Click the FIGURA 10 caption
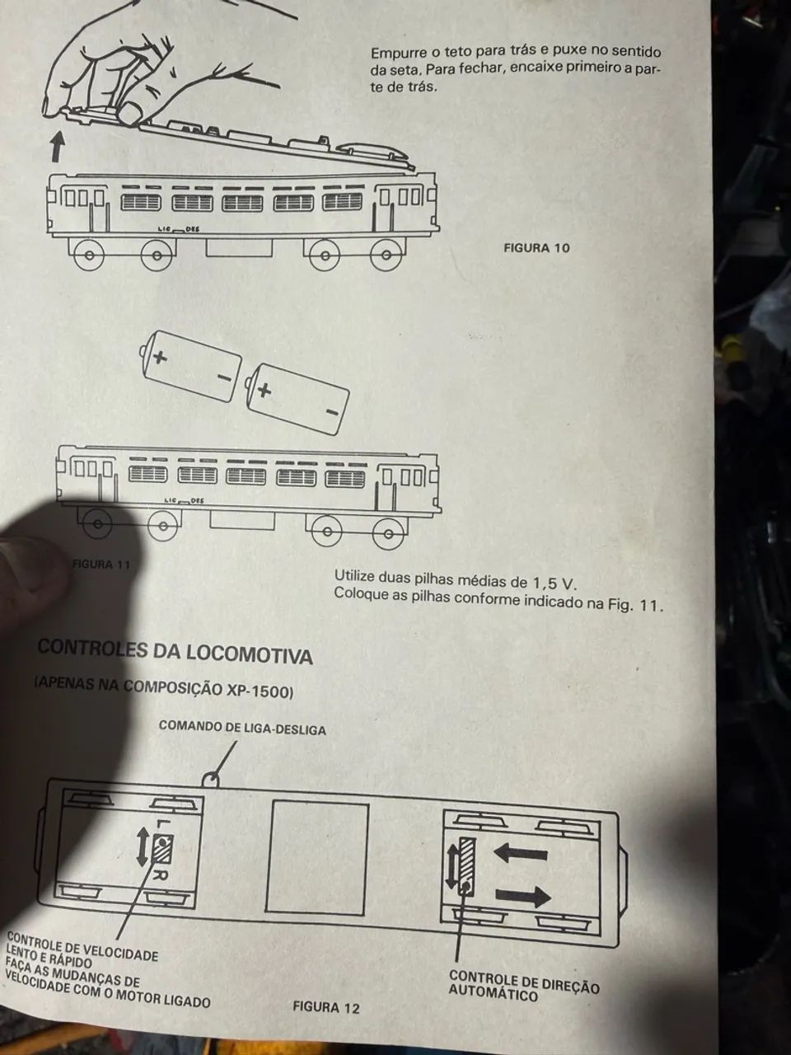(x=536, y=248)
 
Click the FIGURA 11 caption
(x=101, y=564)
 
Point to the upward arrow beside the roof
(x=58, y=146)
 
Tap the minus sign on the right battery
(x=332, y=412)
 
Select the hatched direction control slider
(x=466, y=866)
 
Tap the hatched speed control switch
(x=163, y=849)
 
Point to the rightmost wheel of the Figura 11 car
(x=389, y=533)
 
